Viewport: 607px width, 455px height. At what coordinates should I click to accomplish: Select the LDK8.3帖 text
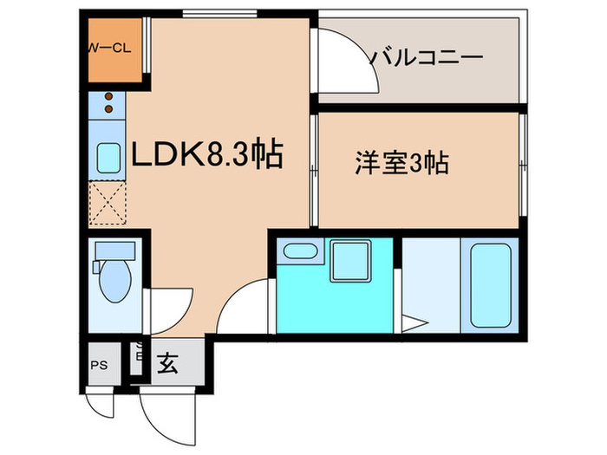pos(206,155)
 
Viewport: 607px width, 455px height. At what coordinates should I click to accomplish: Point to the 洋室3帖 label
pos(401,162)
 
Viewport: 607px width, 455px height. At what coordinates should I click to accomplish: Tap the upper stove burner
pos(109,97)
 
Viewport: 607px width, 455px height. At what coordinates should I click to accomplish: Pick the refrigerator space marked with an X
pos(108,203)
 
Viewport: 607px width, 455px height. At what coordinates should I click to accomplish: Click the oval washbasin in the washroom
pos(301,252)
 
